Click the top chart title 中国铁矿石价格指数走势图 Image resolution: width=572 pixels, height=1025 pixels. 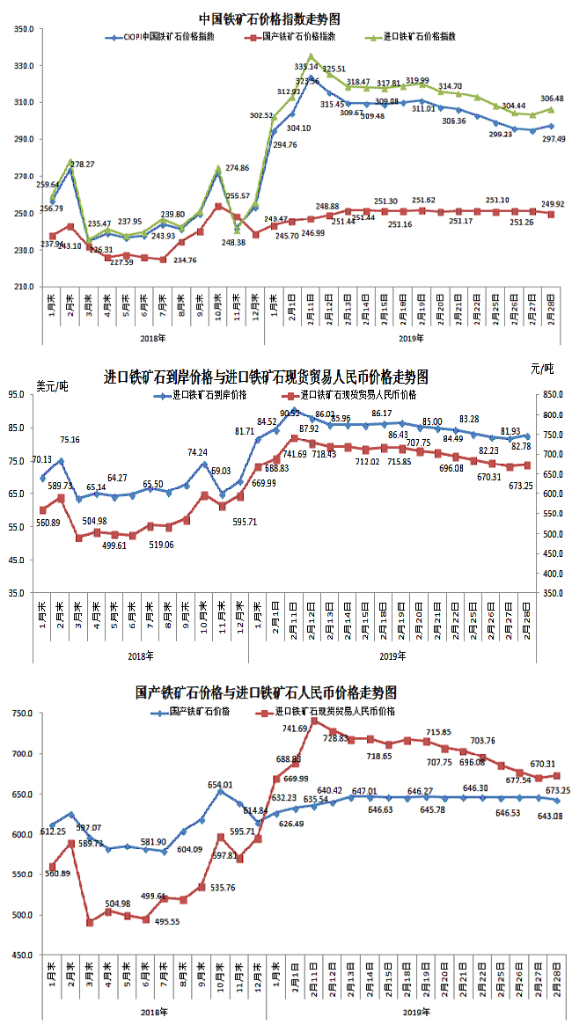tap(269, 18)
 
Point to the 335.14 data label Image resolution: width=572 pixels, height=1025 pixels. tap(307, 66)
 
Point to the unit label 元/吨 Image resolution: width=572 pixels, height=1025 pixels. tap(543, 367)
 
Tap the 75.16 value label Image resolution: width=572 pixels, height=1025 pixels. tap(70, 440)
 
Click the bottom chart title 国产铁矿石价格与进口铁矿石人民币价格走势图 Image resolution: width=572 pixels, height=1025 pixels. tap(267, 693)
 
